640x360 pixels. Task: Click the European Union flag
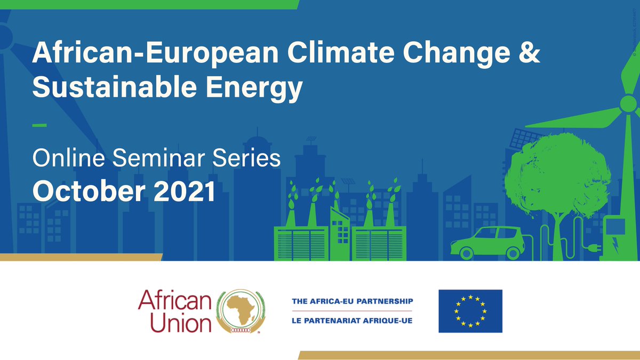[470, 311]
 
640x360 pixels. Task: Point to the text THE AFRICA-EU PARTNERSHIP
[352, 301]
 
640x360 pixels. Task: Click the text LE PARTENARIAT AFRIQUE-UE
[352, 320]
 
